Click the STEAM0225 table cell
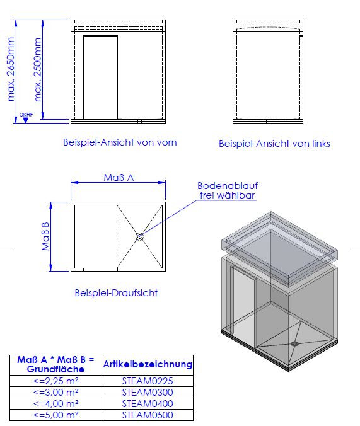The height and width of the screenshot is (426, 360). pos(148,381)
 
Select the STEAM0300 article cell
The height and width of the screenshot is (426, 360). pos(148,393)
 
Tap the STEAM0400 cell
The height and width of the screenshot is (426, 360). pos(148,404)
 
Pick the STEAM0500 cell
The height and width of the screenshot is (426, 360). pos(148,415)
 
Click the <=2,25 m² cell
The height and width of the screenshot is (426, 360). pos(55,381)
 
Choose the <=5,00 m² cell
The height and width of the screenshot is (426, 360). pos(55,415)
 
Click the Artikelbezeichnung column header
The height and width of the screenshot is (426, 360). pos(148,364)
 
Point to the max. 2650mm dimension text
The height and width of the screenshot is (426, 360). pos(11,69)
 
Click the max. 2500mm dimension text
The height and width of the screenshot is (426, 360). pos(38,69)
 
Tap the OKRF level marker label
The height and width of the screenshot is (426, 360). pos(26,115)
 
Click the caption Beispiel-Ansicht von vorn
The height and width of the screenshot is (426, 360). pos(120,142)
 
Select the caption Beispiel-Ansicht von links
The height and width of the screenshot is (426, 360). pos(274,144)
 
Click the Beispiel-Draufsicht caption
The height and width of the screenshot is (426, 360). pos(116,293)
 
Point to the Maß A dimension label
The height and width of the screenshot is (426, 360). pos(119,178)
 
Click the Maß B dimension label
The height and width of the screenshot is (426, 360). pos(45,236)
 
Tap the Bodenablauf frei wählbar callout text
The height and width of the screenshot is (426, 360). pos(228,190)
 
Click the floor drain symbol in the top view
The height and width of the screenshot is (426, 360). pos(139,237)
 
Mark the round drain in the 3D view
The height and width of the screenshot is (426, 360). pos(294,343)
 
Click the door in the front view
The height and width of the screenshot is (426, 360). pos(101,78)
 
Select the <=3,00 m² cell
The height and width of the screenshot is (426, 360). pos(55,393)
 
